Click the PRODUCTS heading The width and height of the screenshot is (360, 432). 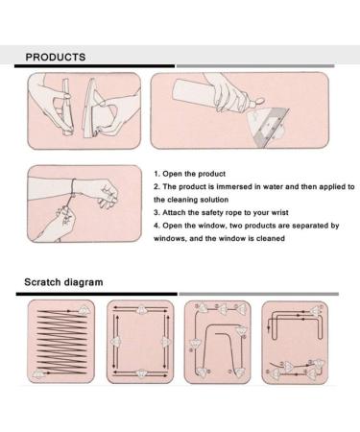(x=56, y=57)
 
